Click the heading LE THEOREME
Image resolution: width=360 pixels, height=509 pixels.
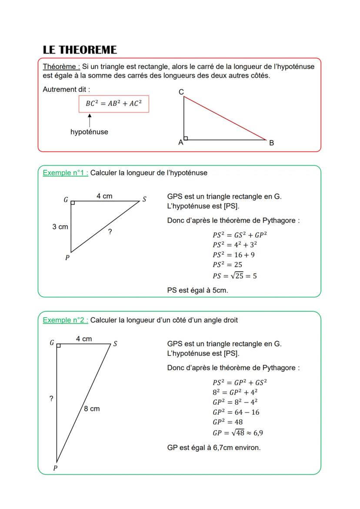click(80, 50)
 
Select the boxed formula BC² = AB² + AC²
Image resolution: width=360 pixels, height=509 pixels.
click(113, 104)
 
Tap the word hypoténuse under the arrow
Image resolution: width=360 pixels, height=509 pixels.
click(89, 132)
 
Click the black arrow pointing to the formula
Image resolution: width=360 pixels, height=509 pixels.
click(90, 120)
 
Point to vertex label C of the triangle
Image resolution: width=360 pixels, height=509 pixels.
click(181, 92)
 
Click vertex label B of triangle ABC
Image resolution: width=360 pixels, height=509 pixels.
click(271, 143)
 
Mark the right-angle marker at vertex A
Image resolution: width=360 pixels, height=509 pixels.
click(186, 138)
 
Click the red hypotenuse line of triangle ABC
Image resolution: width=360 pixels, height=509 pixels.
click(225, 118)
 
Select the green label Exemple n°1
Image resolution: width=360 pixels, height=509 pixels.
click(65, 173)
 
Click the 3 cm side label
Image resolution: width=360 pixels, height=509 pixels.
click(60, 226)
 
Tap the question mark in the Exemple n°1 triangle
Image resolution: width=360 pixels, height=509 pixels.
click(110, 232)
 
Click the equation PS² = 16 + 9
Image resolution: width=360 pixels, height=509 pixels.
click(233, 255)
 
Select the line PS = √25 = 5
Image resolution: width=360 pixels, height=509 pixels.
click(234, 276)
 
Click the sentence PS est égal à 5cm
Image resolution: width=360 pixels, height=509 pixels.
click(197, 290)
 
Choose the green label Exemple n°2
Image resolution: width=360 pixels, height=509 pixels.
click(65, 320)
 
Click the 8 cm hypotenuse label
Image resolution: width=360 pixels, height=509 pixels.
click(92, 409)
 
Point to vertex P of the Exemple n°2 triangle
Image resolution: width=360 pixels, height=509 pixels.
click(55, 468)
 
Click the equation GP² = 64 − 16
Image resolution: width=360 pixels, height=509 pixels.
click(236, 412)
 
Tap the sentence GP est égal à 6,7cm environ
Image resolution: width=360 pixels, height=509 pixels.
click(213, 447)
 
